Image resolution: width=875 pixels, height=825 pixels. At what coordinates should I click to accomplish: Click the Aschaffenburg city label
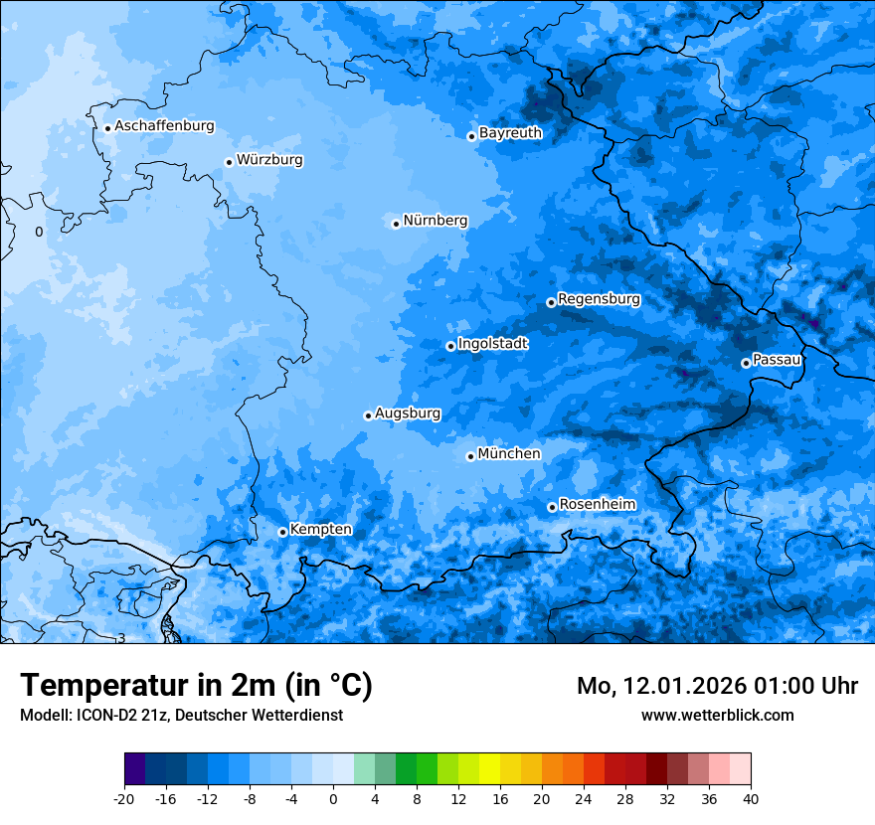pyautogui.click(x=164, y=126)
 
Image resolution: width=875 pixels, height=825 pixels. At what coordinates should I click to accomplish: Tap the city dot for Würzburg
pyautogui.click(x=229, y=162)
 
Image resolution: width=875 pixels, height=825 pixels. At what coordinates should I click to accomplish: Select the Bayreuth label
pyautogui.click(x=510, y=132)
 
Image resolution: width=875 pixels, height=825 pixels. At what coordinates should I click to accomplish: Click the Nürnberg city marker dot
pyautogui.click(x=396, y=224)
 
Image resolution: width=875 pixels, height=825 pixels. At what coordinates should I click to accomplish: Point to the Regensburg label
pyautogui.click(x=599, y=298)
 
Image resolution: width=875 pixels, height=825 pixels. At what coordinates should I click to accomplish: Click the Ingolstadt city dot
pyautogui.click(x=450, y=346)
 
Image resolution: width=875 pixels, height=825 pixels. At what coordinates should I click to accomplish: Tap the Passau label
pyautogui.click(x=777, y=359)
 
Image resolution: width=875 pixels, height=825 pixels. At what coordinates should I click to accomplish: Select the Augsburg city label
pyautogui.click(x=408, y=412)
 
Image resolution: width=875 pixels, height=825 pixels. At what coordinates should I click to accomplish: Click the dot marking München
pyautogui.click(x=470, y=456)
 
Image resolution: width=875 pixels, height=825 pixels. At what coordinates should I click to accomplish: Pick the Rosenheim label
pyautogui.click(x=597, y=504)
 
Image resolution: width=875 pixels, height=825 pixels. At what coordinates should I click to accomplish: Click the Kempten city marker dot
pyautogui.click(x=282, y=532)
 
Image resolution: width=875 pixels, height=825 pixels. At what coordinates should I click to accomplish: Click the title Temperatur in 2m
pyautogui.click(x=196, y=685)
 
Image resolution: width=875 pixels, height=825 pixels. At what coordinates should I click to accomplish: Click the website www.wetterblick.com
pyautogui.click(x=717, y=715)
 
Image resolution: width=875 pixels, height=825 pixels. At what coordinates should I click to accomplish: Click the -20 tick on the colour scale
pyautogui.click(x=124, y=798)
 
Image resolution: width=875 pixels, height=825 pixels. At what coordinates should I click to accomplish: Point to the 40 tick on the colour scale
pyautogui.click(x=751, y=798)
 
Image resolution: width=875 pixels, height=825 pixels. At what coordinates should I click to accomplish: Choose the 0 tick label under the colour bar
pyautogui.click(x=333, y=798)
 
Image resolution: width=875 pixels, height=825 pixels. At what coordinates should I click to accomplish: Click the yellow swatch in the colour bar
pyautogui.click(x=489, y=769)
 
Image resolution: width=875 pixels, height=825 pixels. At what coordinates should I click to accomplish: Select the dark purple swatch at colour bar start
pyautogui.click(x=134, y=769)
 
